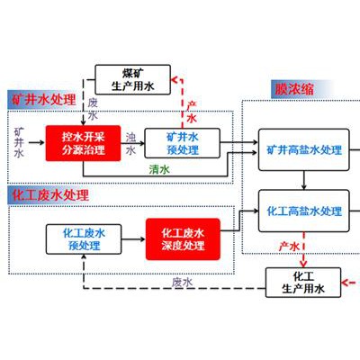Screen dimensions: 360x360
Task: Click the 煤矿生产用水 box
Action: [132, 80]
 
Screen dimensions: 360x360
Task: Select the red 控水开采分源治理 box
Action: [83, 143]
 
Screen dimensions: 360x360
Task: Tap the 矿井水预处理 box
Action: [183, 143]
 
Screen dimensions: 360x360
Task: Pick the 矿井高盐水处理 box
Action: [304, 150]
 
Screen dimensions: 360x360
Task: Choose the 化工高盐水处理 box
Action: [304, 211]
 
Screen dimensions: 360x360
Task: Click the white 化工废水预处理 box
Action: [84, 239]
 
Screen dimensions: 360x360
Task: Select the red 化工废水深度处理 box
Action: [183, 239]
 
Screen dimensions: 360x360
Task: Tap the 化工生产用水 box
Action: [303, 283]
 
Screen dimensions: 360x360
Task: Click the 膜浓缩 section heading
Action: [294, 89]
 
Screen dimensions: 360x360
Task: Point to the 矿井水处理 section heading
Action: [44, 100]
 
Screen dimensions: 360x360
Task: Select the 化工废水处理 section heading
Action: [50, 195]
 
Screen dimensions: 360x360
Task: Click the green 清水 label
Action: [159, 169]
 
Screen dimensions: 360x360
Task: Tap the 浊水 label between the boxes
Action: [130, 144]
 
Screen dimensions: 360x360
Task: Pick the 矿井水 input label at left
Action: [19, 143]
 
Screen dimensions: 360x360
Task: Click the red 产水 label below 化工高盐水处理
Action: [289, 247]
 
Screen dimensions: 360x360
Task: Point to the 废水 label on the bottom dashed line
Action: [182, 283]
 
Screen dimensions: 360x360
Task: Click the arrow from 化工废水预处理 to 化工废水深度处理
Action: [133, 239]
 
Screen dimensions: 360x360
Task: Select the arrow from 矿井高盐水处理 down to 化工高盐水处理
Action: [304, 180]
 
